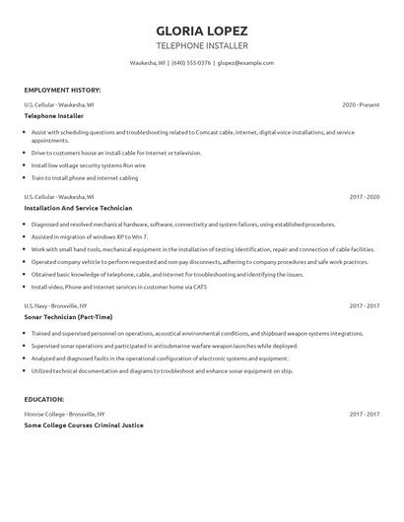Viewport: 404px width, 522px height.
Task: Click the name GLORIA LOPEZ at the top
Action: click(202, 30)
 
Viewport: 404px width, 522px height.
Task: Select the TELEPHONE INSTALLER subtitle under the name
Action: click(202, 45)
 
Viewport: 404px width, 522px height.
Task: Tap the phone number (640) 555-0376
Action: click(191, 62)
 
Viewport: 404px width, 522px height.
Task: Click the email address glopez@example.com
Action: click(245, 62)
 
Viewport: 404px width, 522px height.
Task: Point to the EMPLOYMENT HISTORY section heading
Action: click(61, 90)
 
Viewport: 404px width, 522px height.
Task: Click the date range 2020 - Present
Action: click(361, 104)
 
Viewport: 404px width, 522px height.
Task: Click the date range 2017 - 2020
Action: click(364, 197)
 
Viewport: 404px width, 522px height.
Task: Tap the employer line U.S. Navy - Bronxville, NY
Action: click(61, 306)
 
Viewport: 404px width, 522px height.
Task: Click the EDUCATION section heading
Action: click(44, 399)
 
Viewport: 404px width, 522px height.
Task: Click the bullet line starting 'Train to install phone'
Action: click(84, 177)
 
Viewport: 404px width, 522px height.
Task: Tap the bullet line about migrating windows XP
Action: click(90, 236)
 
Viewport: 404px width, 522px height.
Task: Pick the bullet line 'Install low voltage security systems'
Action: click(91, 165)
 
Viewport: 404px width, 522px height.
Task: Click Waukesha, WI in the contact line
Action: click(148, 62)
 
